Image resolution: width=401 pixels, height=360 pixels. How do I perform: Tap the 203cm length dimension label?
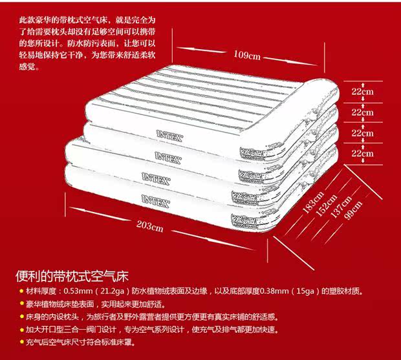click(x=149, y=226)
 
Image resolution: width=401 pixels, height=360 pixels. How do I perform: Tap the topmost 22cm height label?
click(x=362, y=92)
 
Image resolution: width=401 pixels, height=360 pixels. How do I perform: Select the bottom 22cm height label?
click(x=362, y=153)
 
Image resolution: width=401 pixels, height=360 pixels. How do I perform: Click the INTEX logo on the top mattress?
click(x=170, y=134)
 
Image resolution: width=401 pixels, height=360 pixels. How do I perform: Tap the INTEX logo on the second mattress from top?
click(x=168, y=155)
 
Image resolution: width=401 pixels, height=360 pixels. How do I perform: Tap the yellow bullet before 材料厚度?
click(x=21, y=291)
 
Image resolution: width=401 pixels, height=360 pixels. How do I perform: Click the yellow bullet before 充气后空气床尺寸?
click(x=21, y=342)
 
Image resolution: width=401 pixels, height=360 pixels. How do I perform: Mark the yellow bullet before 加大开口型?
click(x=21, y=329)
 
